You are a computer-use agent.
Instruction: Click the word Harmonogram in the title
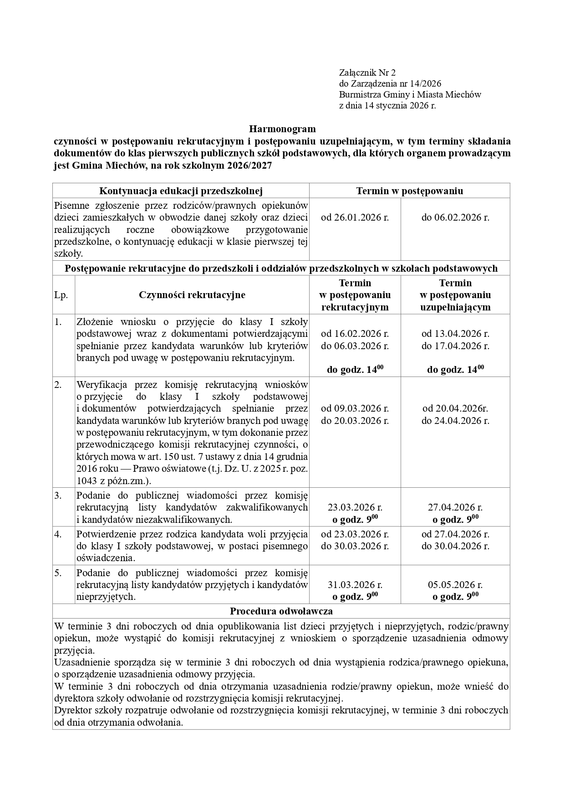coord(282,129)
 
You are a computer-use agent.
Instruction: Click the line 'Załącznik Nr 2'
coord(367,72)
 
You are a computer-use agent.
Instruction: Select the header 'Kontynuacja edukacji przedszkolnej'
coord(181,191)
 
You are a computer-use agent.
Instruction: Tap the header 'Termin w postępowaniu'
coord(409,191)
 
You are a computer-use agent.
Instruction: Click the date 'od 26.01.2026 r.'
coord(355,217)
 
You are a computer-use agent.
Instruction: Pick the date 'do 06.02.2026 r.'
coord(455,217)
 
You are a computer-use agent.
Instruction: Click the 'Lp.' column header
coord(61,295)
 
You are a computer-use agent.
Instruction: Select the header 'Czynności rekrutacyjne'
coord(192,295)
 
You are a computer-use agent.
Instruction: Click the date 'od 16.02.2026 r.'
coord(355,334)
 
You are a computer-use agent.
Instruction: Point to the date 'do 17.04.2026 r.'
coord(455,346)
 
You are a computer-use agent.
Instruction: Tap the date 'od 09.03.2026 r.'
coord(355,408)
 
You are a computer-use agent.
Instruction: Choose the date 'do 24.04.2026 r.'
coord(455,421)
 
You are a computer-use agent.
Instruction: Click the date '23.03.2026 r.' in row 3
coord(355,507)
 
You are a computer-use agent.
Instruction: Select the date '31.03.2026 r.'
coord(355,585)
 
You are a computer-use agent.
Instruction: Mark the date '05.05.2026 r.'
coord(455,585)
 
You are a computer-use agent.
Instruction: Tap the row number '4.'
coord(58,534)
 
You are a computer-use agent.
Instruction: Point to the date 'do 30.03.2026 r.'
coord(355,546)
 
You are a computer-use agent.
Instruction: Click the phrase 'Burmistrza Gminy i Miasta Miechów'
coord(410,95)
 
